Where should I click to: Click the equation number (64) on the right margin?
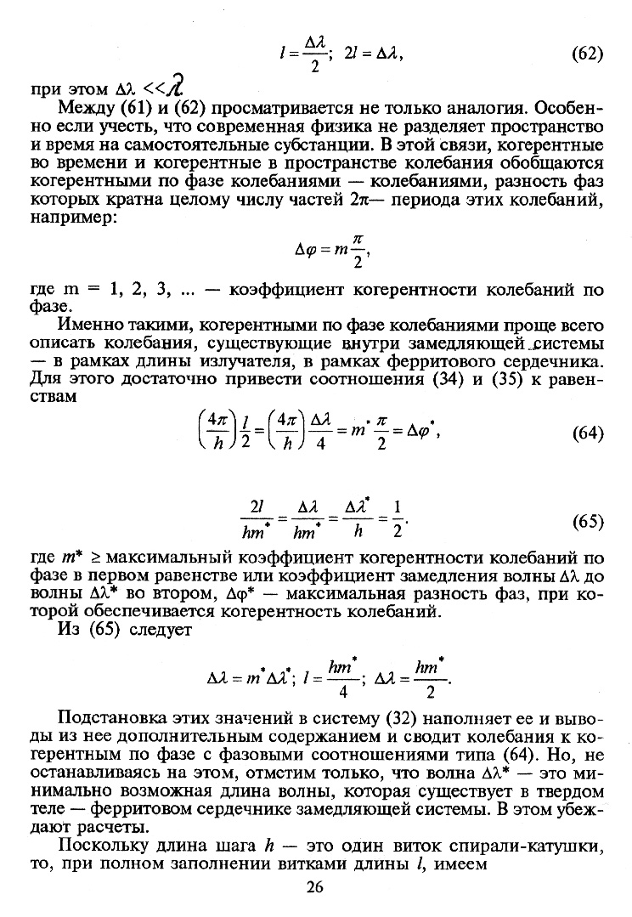(587, 433)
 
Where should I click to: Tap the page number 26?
(315, 889)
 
